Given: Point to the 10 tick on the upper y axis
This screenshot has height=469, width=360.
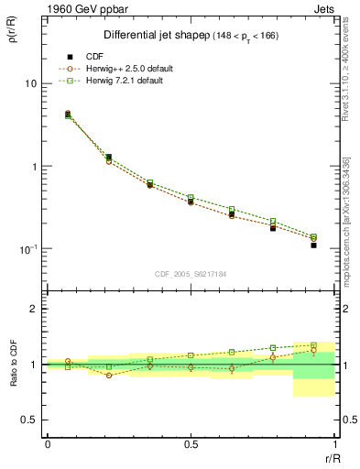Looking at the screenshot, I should [30, 83].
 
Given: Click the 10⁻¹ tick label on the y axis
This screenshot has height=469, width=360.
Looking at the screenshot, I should [28, 249].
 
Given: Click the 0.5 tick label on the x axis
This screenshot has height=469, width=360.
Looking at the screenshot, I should [191, 444].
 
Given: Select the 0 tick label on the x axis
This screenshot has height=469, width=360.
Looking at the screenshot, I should [47, 444].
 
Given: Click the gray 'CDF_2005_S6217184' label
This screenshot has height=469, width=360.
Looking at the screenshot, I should [191, 273].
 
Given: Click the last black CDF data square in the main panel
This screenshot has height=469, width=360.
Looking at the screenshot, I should [313, 245].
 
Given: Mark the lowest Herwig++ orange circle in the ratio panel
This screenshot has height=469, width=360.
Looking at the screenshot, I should [109, 376].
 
